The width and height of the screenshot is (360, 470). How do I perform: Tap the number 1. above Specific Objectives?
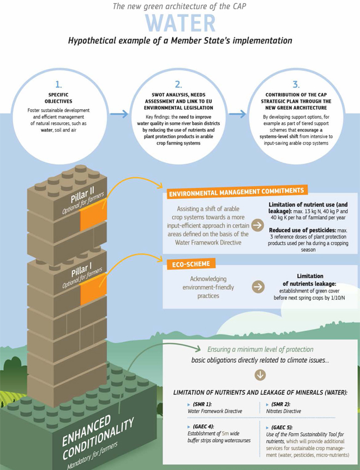click(x=58, y=84)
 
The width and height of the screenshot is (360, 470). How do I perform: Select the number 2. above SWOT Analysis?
click(x=178, y=85)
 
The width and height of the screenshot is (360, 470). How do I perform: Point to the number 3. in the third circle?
click(x=296, y=85)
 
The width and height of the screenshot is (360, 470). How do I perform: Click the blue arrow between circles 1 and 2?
click(x=119, y=114)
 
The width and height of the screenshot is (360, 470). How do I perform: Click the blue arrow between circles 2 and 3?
click(x=237, y=114)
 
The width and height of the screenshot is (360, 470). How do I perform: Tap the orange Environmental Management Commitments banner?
click(x=237, y=192)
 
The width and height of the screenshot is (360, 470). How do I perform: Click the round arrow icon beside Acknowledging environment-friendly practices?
click(x=258, y=287)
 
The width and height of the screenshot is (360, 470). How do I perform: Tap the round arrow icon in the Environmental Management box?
click(x=257, y=225)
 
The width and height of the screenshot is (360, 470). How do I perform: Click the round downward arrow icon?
click(x=260, y=375)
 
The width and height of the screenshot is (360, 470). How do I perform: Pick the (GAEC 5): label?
click(x=282, y=427)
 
